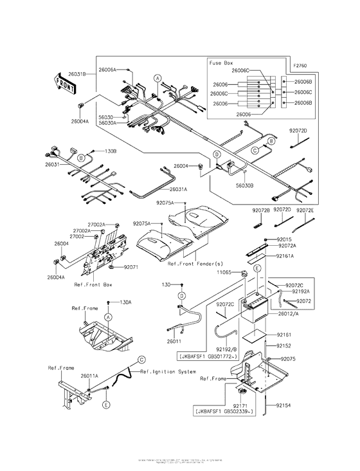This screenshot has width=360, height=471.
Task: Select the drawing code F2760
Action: click(x=301, y=65)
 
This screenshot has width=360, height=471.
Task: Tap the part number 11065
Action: click(x=224, y=273)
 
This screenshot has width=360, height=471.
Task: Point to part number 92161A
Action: click(x=286, y=256)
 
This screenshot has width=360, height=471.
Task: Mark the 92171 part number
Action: click(x=241, y=406)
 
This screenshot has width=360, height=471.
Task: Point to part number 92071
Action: click(x=132, y=266)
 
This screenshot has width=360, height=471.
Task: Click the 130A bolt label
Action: click(x=125, y=302)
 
